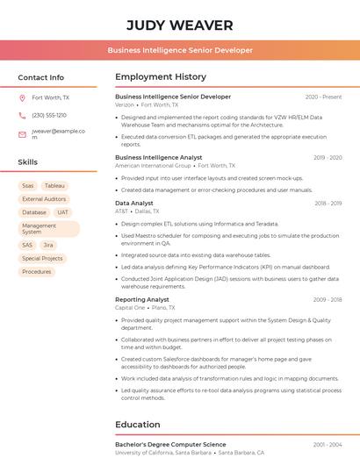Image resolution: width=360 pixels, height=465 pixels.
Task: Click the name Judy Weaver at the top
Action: click(x=180, y=25)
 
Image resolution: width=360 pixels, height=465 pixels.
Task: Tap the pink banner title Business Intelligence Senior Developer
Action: click(x=180, y=51)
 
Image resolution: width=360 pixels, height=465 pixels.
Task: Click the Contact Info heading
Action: click(x=40, y=77)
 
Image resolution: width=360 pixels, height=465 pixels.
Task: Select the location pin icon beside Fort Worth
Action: click(x=22, y=98)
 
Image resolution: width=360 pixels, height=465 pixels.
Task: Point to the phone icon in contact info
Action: click(x=22, y=115)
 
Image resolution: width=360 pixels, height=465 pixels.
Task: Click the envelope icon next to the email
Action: click(x=22, y=134)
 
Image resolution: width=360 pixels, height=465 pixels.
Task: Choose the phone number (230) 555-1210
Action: click(x=49, y=115)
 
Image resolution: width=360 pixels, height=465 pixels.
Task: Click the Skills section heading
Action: click(x=28, y=162)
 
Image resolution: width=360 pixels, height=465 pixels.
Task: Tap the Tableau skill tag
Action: click(x=54, y=186)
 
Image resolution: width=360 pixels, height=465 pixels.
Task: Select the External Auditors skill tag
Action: click(x=44, y=199)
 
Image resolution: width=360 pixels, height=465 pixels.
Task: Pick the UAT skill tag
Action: click(x=62, y=212)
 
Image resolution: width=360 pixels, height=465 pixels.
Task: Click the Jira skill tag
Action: click(x=48, y=246)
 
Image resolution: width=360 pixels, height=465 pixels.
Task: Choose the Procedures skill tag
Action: click(x=37, y=272)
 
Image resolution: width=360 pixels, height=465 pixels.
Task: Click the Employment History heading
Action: click(x=161, y=77)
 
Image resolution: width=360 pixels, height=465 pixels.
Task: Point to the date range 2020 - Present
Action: click(x=323, y=97)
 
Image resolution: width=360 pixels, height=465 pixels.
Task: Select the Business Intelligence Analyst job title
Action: click(x=158, y=157)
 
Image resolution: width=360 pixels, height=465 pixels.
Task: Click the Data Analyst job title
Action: click(x=134, y=204)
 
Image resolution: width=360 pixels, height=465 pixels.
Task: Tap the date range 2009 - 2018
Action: click(x=327, y=300)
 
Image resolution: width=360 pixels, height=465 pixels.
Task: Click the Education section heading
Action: click(x=138, y=425)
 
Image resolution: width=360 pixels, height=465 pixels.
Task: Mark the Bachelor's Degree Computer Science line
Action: click(x=170, y=445)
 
